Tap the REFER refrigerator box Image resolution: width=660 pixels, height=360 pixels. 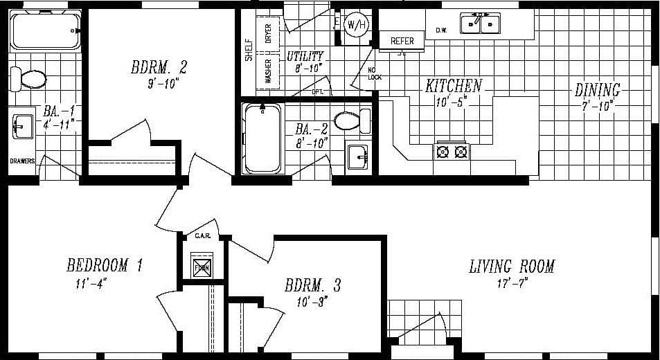(x=402, y=41)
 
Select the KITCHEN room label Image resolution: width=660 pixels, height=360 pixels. (x=453, y=87)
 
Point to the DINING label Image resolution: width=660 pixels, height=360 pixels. (x=597, y=90)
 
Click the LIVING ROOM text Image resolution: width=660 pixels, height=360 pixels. (x=512, y=266)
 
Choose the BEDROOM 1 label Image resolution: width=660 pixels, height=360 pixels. (x=105, y=264)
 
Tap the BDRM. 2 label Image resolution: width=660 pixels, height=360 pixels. (x=159, y=68)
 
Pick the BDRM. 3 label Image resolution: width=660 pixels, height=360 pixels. (x=312, y=285)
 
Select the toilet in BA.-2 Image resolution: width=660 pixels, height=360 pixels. (x=349, y=122)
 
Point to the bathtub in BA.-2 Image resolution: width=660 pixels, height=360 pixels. (x=262, y=138)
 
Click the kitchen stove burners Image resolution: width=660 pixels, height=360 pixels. (x=451, y=150)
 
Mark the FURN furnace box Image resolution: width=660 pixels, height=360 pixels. (x=202, y=266)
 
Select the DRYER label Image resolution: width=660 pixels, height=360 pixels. (x=268, y=34)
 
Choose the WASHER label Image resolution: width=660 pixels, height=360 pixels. (x=268, y=71)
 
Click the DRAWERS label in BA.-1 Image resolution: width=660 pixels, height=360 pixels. (x=22, y=161)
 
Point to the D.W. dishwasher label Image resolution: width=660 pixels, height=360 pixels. (x=441, y=30)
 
